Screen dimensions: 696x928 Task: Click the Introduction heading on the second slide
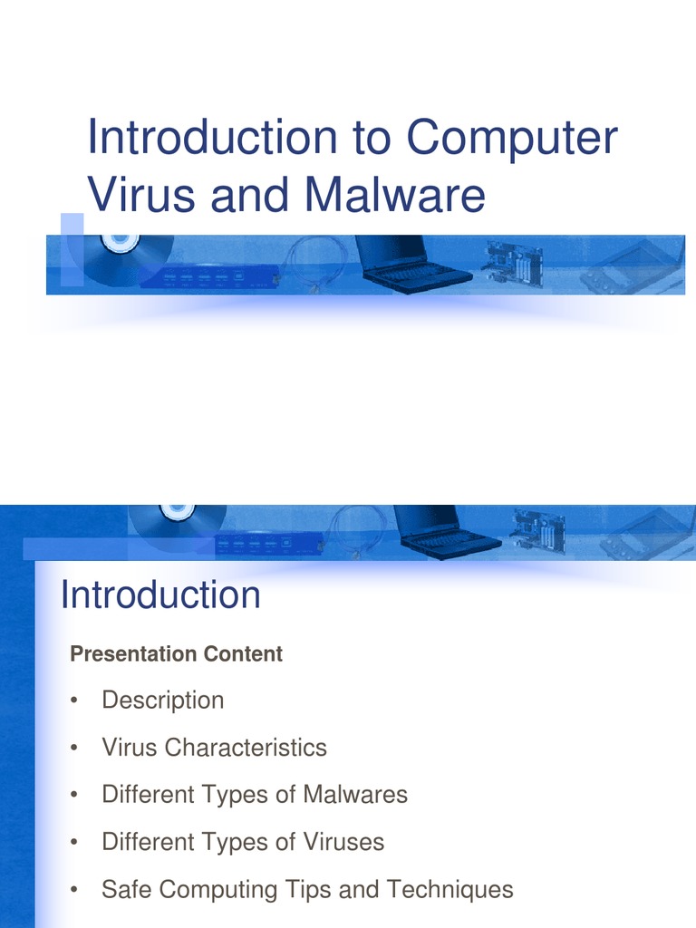pyautogui.click(x=160, y=594)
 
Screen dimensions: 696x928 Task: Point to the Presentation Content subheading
pyautogui.click(x=177, y=653)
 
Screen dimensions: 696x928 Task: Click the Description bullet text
pyautogui.click(x=163, y=700)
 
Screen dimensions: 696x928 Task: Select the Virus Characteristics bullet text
pyautogui.click(x=214, y=747)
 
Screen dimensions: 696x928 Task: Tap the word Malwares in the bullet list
pyautogui.click(x=355, y=794)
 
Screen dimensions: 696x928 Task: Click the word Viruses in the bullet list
pyautogui.click(x=343, y=842)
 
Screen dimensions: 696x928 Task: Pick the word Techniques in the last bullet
pyautogui.click(x=449, y=889)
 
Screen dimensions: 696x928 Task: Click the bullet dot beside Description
pyautogui.click(x=74, y=701)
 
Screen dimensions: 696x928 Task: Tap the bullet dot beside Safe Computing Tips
pyautogui.click(x=74, y=890)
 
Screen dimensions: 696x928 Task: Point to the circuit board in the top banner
pyautogui.click(x=514, y=264)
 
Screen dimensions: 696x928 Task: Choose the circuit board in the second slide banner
pyautogui.click(x=538, y=529)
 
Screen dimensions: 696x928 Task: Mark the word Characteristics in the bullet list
pyautogui.click(x=246, y=747)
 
